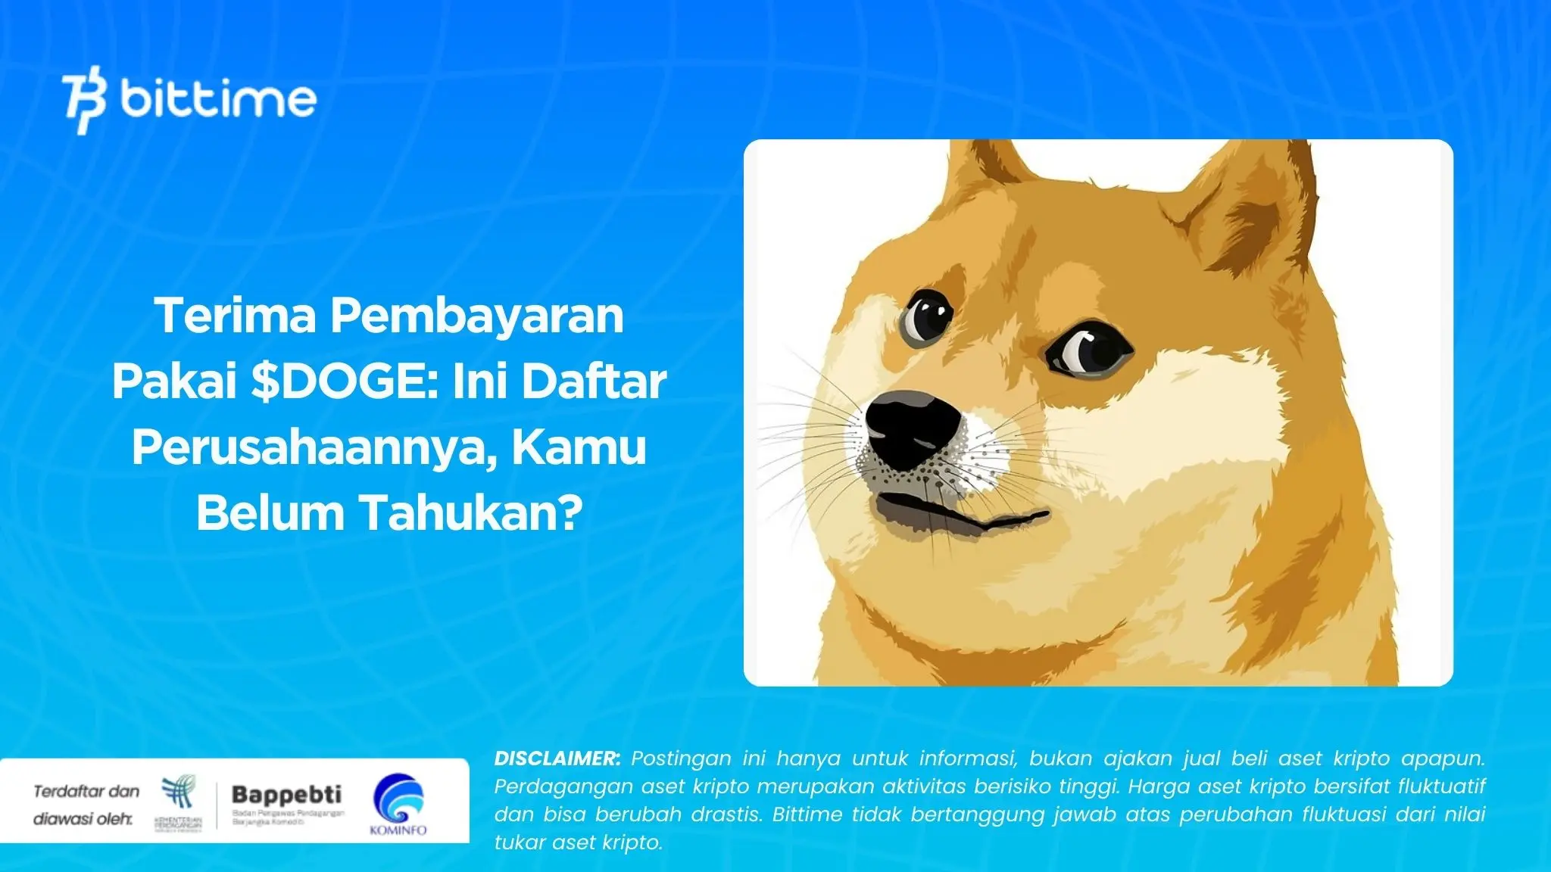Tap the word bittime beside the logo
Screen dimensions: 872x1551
point(217,98)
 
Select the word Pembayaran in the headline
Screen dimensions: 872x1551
point(476,316)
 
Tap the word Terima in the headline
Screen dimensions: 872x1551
point(236,316)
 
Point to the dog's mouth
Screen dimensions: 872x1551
point(962,515)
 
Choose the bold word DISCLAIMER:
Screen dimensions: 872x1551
point(557,758)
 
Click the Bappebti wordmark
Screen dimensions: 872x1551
point(286,794)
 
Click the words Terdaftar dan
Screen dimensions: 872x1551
point(86,792)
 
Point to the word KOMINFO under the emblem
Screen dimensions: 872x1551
point(398,830)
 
